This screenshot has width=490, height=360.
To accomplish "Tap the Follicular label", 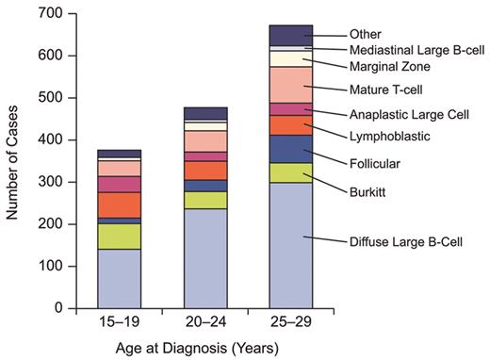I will click(375, 163).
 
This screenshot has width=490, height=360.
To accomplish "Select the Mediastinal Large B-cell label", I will click(417, 50).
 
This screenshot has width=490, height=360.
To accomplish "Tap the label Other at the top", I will click(364, 34).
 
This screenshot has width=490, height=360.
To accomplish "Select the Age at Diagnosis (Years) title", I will click(205, 347).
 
